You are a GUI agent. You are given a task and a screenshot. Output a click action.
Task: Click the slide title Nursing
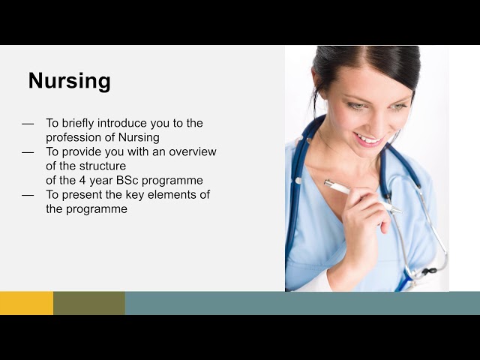pos(69,81)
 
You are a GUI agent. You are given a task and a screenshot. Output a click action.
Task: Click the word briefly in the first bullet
pos(79,123)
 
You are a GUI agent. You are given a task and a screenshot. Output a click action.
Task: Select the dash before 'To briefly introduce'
pos(28,124)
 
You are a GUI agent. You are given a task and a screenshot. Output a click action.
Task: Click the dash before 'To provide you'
pos(28,152)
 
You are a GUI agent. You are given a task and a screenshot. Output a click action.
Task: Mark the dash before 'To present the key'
pos(28,195)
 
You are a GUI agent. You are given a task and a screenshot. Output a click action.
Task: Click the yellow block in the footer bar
pos(26,303)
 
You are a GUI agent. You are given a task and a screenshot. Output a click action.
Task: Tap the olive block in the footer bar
pos(88,303)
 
